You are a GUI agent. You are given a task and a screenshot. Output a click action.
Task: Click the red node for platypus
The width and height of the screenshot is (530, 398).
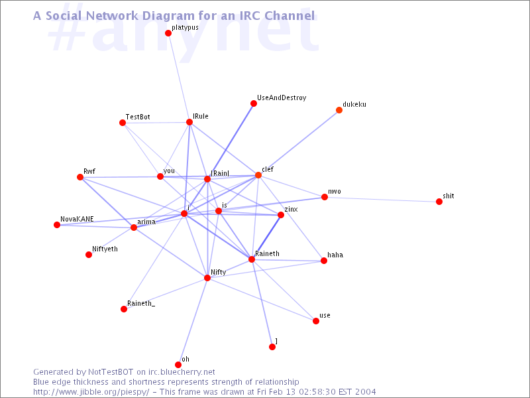[x=168, y=33]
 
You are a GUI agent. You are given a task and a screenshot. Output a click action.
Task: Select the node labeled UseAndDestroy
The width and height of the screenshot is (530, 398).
[x=254, y=103]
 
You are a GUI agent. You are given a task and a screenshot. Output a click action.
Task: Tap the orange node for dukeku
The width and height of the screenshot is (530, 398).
[x=339, y=110]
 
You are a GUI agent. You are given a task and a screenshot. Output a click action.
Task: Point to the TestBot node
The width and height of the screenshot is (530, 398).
[x=123, y=123]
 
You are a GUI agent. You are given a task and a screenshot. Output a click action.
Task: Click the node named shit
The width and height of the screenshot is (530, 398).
[x=439, y=202]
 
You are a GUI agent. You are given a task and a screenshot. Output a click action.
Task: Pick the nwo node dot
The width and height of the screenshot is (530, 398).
[x=325, y=197]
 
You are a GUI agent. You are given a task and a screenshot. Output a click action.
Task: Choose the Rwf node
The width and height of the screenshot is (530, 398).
[x=80, y=177]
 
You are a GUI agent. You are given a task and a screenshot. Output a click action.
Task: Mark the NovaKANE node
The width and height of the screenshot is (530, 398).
[x=57, y=225]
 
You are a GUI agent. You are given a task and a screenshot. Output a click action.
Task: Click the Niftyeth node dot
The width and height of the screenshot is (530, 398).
[x=89, y=255]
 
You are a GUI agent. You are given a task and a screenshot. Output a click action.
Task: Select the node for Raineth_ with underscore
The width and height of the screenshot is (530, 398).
[x=124, y=309]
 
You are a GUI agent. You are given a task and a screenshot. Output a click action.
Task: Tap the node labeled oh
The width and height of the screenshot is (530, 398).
[x=178, y=364]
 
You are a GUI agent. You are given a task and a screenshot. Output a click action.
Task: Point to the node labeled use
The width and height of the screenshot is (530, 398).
[x=316, y=321]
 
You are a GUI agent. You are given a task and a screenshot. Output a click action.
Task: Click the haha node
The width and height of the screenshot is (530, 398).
[x=324, y=261]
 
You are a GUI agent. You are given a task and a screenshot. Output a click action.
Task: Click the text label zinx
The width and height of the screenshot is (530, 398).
[x=291, y=209]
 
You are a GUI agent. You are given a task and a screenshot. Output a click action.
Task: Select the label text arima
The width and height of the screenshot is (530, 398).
[x=146, y=222]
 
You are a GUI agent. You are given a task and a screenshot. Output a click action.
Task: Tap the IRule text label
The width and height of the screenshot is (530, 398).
[x=201, y=116]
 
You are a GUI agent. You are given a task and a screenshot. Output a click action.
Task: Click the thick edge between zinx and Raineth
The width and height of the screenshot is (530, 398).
[x=266, y=237]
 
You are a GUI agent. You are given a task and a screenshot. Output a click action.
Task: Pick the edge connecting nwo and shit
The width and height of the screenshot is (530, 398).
[x=382, y=200]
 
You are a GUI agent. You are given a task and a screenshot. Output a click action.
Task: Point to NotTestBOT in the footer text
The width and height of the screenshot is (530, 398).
[x=111, y=372]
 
